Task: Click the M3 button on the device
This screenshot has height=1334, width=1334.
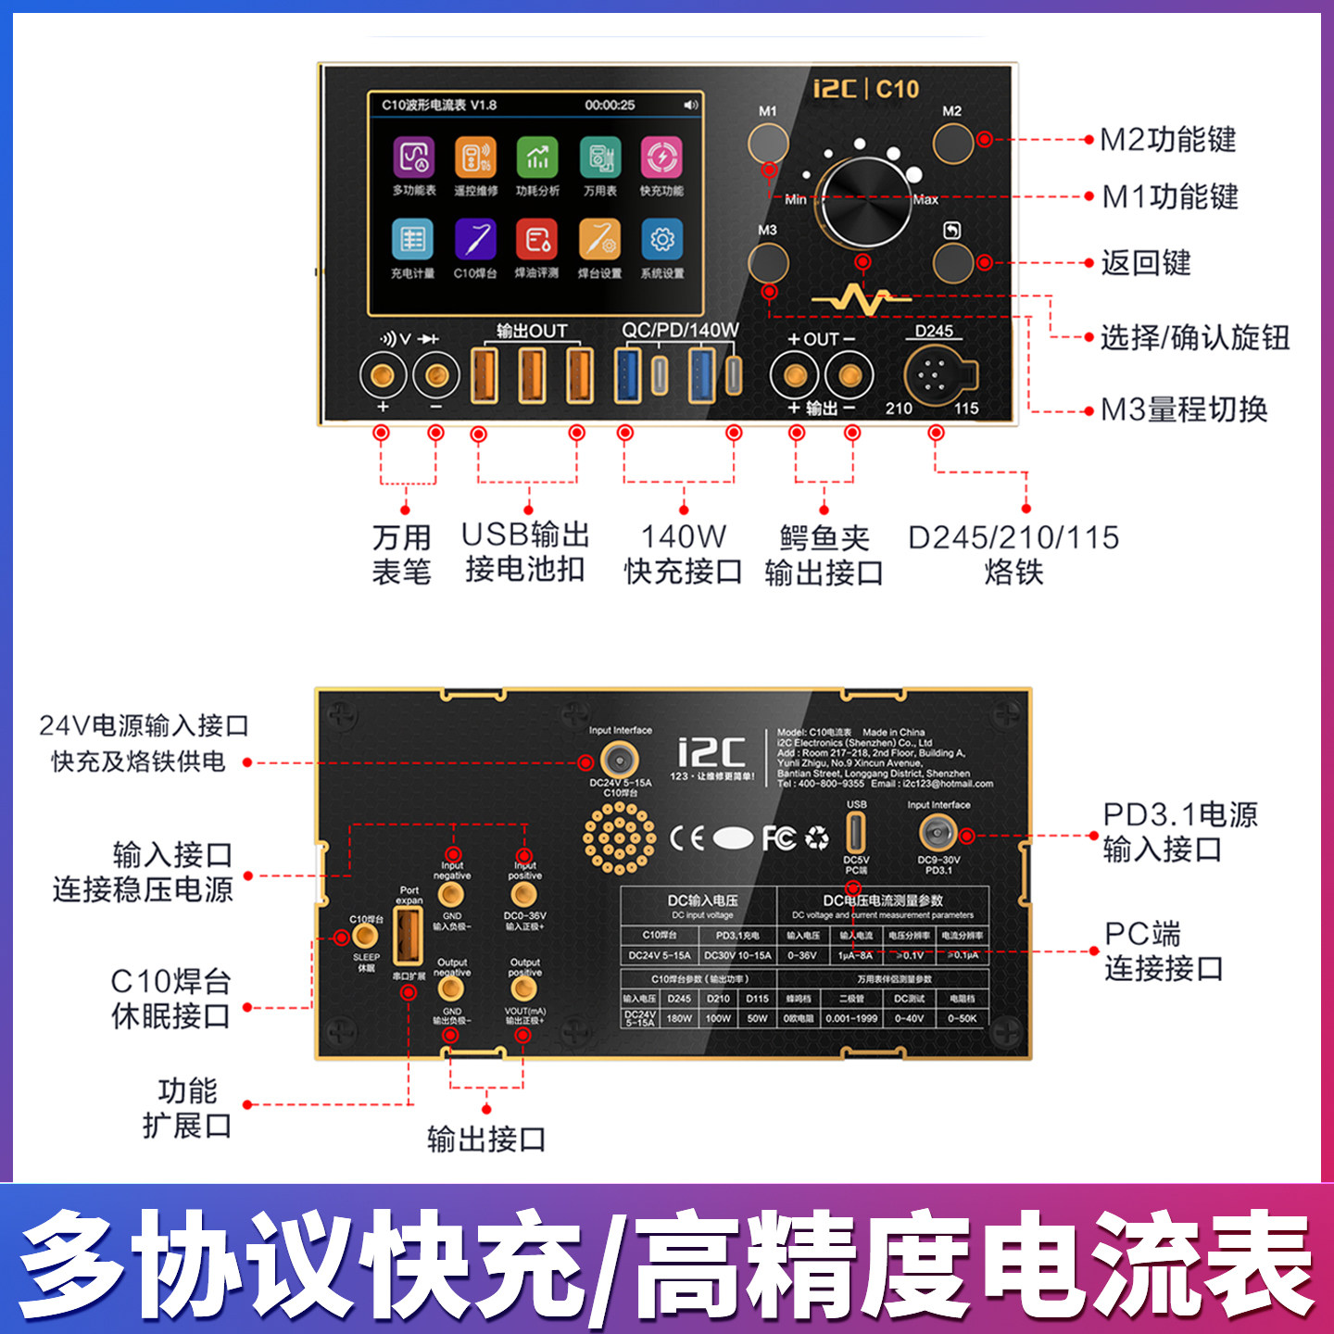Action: [x=768, y=263]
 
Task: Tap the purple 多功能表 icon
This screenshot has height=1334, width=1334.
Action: [x=413, y=158]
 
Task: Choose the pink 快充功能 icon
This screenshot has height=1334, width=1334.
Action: [x=661, y=158]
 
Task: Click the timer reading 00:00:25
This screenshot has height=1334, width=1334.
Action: [x=610, y=106]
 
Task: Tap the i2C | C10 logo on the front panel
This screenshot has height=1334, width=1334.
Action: [x=865, y=89]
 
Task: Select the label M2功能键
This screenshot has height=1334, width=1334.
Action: [x=1167, y=140]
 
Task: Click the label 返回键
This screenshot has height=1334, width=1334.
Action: [x=1146, y=263]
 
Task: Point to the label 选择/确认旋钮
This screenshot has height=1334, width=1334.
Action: [x=1195, y=338]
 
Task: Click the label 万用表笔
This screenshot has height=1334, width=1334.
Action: [x=402, y=554]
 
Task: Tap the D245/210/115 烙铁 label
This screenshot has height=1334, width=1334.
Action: [x=1013, y=554]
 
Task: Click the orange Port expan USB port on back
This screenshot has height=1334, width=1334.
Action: [x=409, y=936]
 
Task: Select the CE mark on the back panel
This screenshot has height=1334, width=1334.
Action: [x=686, y=838]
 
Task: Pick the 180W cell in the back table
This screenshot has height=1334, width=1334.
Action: [x=679, y=1018]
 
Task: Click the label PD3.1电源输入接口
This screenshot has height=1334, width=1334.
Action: [x=1178, y=832]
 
